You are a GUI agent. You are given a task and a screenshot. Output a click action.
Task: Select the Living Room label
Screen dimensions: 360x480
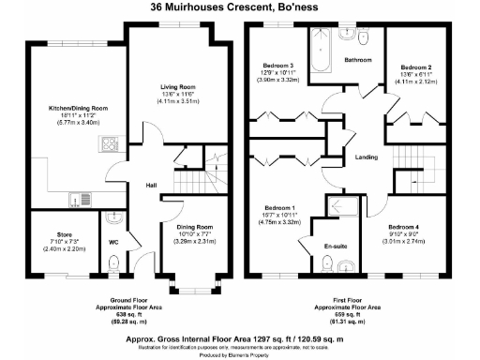click(175, 86)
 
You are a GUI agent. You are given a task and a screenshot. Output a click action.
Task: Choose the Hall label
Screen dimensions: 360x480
click(150, 186)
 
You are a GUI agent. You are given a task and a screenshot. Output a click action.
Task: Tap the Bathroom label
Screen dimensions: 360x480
click(358, 60)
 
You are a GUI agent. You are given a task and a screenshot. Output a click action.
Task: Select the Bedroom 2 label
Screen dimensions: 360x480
click(415, 67)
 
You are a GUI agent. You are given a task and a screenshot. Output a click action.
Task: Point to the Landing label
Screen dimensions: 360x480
click(367, 157)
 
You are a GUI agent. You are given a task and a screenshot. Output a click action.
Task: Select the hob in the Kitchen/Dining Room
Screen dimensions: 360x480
click(108, 145)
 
